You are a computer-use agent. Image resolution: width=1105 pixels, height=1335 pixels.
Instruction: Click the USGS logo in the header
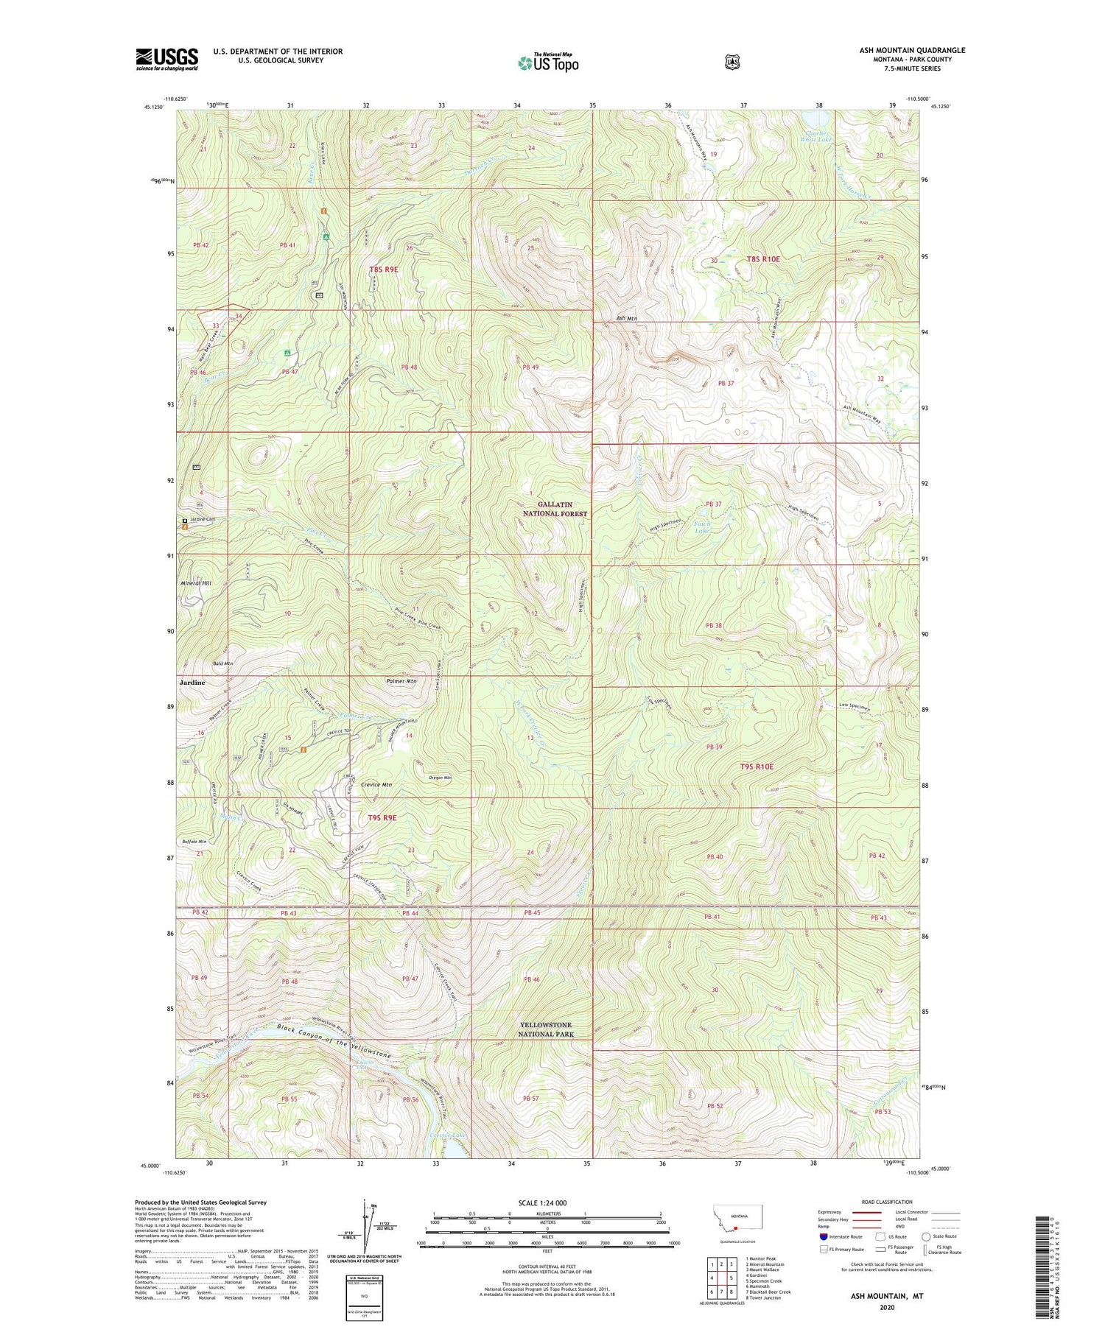(167, 59)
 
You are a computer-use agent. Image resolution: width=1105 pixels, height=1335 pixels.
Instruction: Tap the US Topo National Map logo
(549, 63)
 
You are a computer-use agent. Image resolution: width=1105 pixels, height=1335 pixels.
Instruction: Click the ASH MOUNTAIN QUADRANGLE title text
(911, 51)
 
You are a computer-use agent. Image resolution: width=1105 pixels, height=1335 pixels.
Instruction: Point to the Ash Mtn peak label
(626, 318)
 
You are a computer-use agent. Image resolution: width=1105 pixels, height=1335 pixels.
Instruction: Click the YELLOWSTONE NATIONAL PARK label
(545, 1029)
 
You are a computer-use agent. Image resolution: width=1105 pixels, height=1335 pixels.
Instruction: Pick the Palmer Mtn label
(401, 681)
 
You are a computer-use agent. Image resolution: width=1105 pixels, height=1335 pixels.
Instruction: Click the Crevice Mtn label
(376, 785)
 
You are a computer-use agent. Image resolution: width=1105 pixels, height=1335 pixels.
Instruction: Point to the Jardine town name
(192, 683)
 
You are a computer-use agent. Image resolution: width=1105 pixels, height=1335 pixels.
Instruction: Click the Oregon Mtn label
(440, 778)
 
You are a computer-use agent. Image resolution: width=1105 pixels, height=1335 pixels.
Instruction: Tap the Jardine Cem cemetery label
(201, 520)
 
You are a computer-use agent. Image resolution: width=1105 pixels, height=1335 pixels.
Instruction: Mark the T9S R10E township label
(757, 767)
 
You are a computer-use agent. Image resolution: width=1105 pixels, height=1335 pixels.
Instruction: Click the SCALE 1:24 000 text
(543, 1202)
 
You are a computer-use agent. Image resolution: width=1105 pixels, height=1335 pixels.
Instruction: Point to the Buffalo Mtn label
(194, 841)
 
